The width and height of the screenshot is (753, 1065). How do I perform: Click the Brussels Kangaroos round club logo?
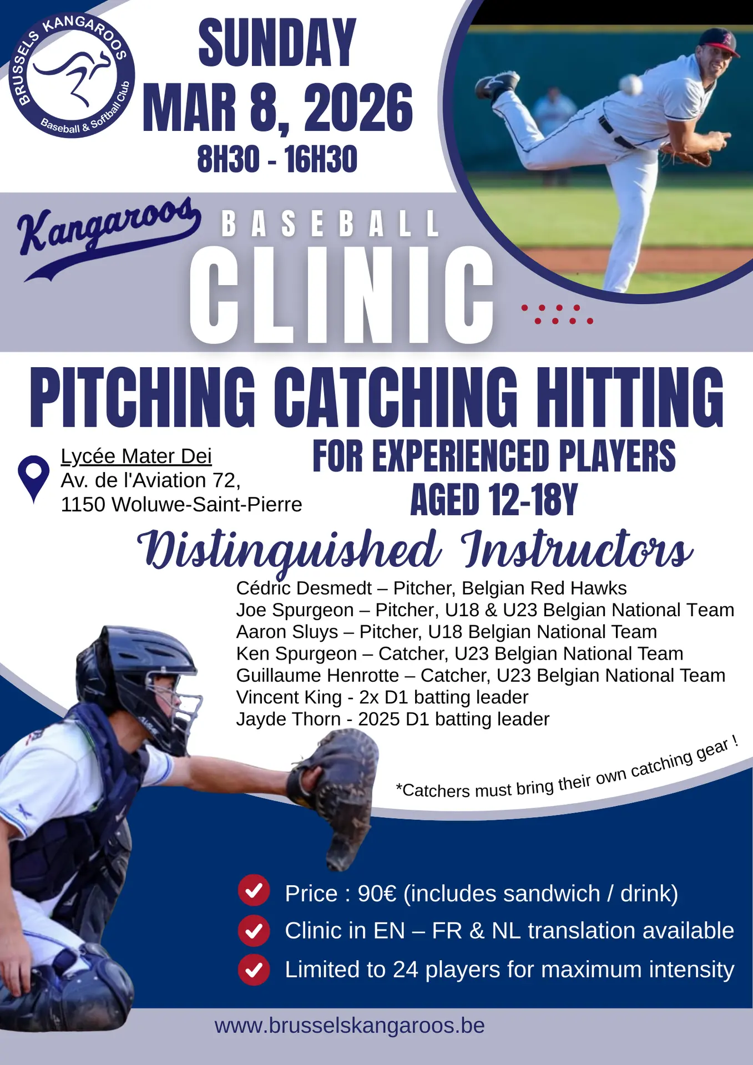click(72, 75)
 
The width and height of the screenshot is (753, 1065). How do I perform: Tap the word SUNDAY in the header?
click(277, 43)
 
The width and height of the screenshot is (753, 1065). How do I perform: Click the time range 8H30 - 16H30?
click(277, 159)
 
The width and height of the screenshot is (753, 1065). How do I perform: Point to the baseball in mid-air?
click(630, 84)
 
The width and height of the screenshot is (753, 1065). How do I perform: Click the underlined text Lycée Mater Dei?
click(136, 456)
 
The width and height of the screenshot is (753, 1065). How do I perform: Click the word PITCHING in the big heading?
click(143, 397)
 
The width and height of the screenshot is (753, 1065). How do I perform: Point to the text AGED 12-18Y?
click(494, 500)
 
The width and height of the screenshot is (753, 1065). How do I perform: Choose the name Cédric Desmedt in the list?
click(304, 588)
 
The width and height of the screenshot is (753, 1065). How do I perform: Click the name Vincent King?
click(289, 697)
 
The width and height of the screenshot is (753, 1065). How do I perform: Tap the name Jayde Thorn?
click(289, 719)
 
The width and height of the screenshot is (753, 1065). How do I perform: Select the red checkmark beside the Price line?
click(254, 891)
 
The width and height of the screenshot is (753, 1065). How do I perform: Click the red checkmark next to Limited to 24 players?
click(254, 970)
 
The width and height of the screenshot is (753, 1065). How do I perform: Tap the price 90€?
click(377, 894)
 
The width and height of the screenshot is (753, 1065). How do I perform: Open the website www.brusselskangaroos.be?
click(350, 1026)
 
